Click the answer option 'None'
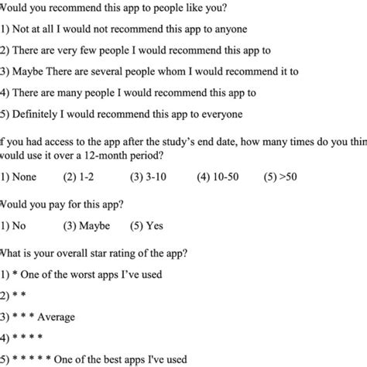coord(23,177)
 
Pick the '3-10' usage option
coord(150,177)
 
